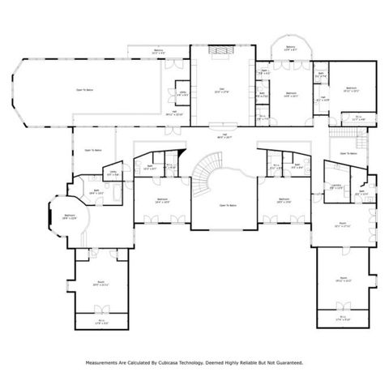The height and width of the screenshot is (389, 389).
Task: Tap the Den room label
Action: tap(219, 90)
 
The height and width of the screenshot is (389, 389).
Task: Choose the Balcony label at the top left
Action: tap(160, 52)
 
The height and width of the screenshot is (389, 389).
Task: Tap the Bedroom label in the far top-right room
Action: tap(351, 88)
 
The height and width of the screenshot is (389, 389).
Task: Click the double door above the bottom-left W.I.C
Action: tap(101, 307)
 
